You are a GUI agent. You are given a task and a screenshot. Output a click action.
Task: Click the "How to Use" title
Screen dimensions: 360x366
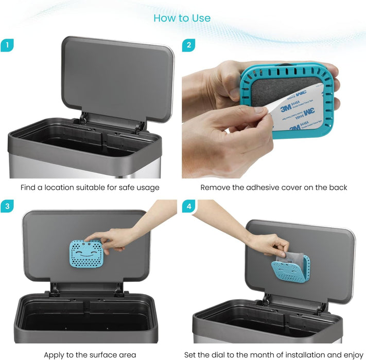coord(182,18)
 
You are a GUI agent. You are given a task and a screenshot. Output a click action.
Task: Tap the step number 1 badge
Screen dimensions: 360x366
coord(7,45)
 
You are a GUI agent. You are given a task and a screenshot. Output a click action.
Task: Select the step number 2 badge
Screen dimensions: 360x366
coord(188,45)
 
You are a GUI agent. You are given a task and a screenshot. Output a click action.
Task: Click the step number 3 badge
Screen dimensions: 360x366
coord(7,207)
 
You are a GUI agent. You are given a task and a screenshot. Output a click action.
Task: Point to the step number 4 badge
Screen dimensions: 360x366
coord(188,207)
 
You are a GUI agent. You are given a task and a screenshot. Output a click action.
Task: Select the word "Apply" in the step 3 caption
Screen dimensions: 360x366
coord(55,355)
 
